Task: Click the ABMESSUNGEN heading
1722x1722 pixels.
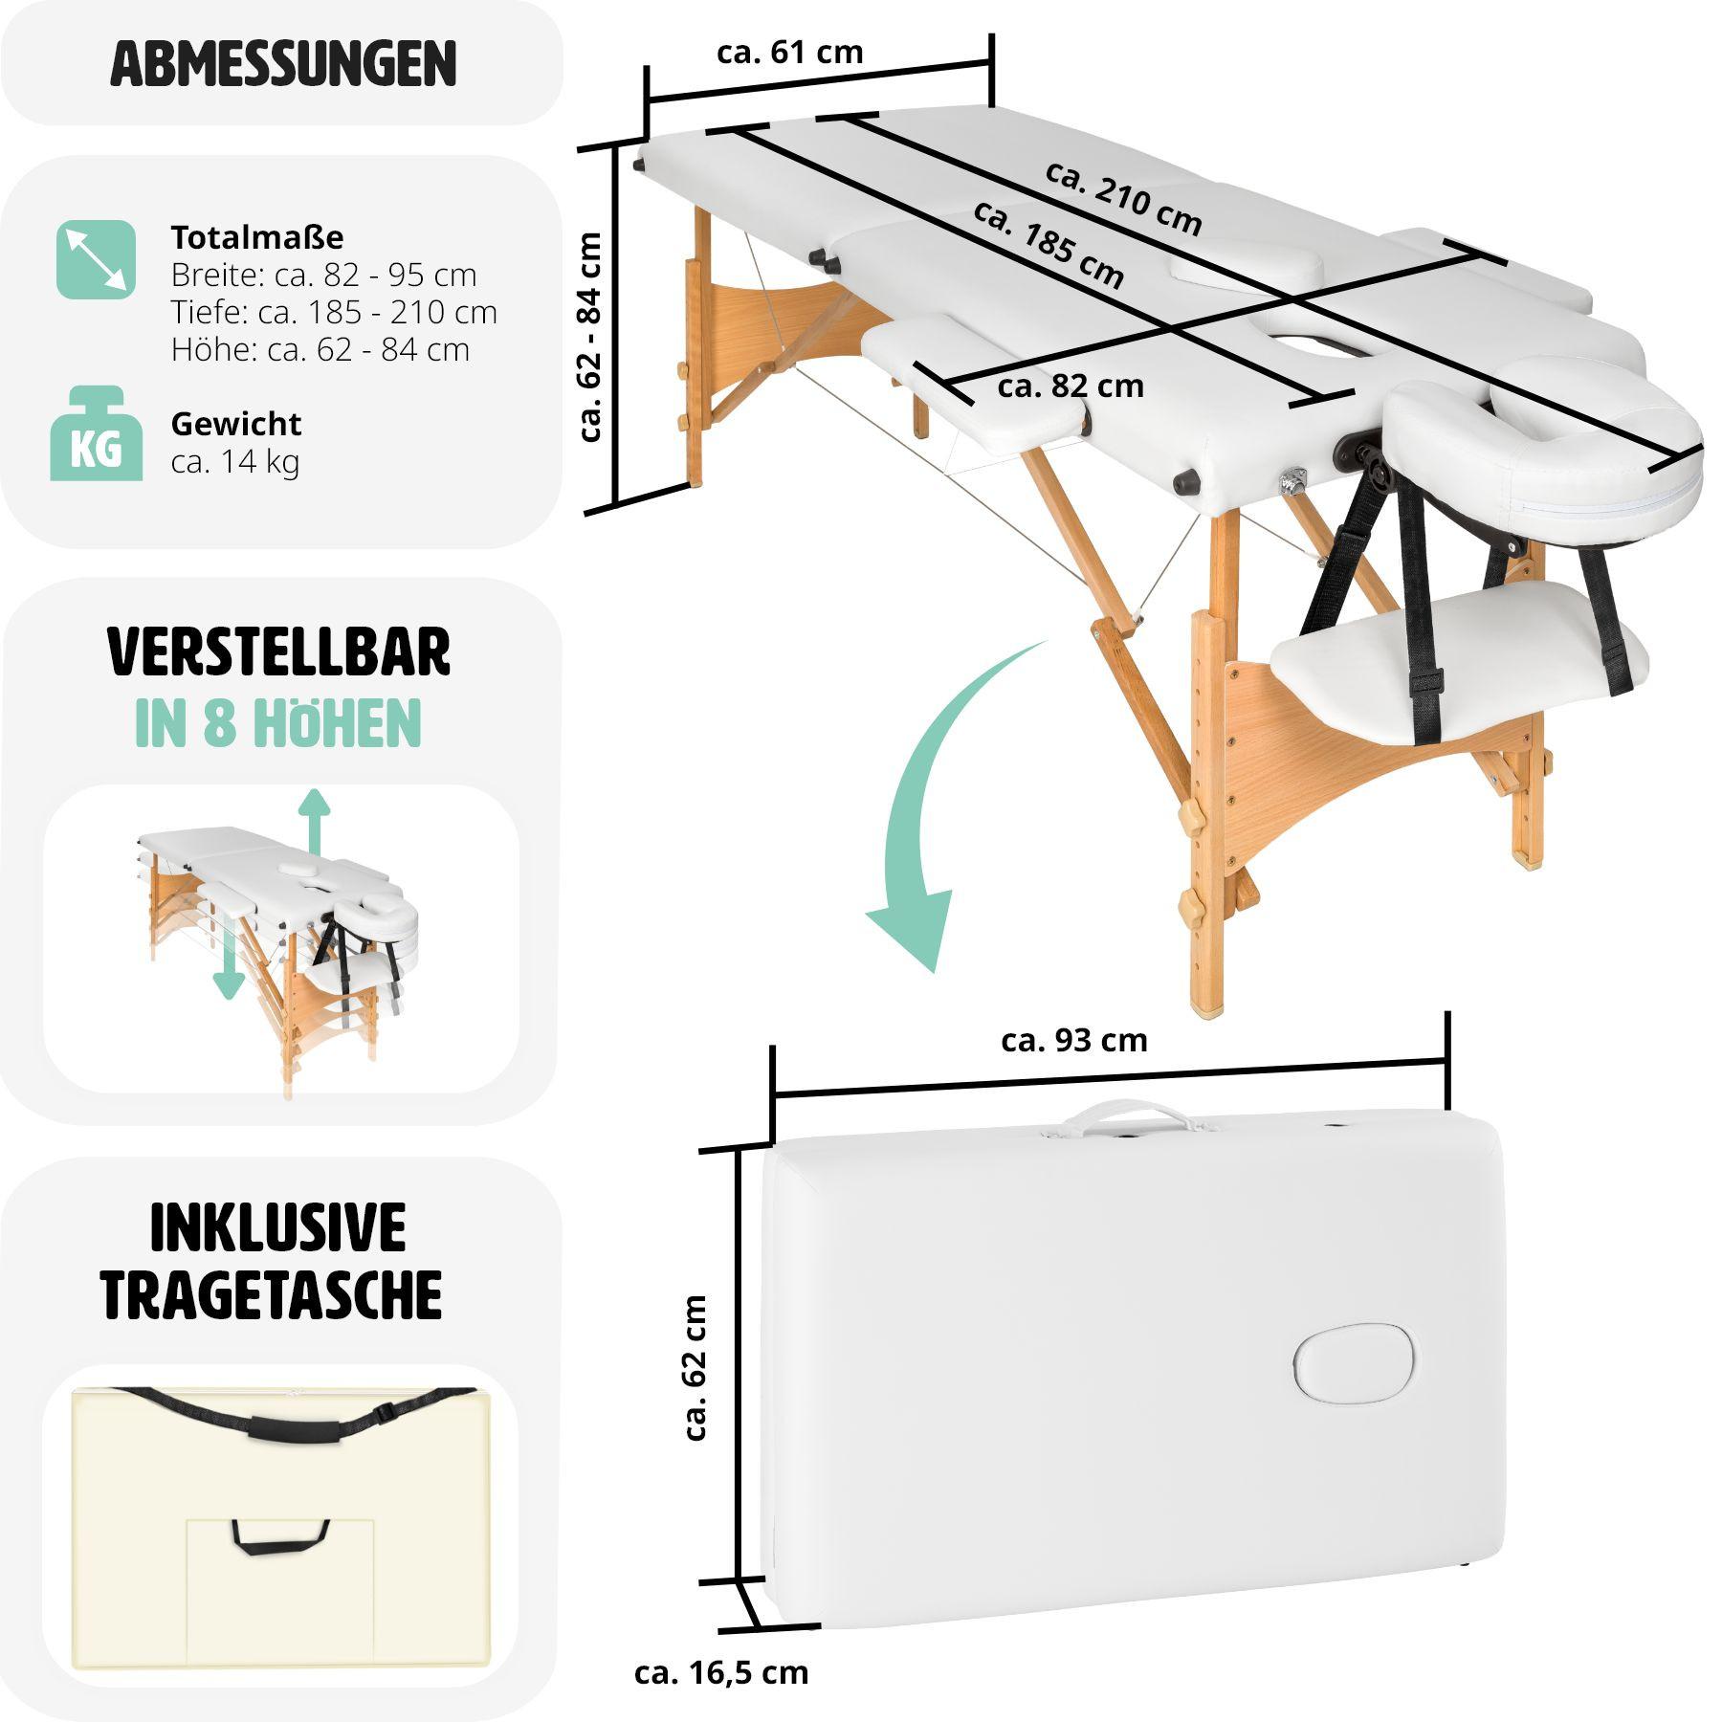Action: (x=283, y=64)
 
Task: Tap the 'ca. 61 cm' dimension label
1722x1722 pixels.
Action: (x=789, y=52)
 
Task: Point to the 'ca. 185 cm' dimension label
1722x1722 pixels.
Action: (x=1049, y=245)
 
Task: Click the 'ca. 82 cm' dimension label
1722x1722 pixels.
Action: (x=1070, y=386)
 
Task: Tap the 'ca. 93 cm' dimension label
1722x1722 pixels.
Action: (x=1073, y=1041)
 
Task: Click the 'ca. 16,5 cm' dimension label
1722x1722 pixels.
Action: (x=720, y=1672)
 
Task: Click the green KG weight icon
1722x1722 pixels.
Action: (x=96, y=434)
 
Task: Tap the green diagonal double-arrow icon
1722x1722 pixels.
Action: (x=96, y=259)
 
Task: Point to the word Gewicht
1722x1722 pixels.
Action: (x=235, y=424)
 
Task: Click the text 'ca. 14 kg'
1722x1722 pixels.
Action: (x=234, y=462)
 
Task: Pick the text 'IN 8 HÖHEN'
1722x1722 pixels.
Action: (x=277, y=723)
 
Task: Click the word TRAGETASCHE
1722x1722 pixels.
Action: (x=273, y=1295)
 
